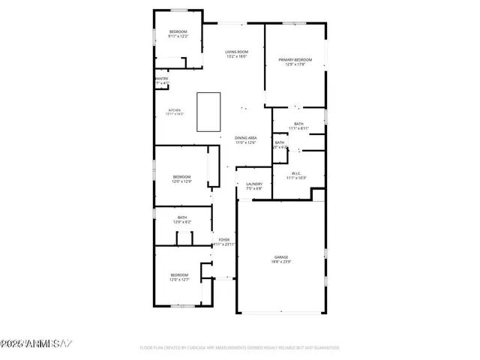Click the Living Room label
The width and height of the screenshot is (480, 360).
[x=236, y=52]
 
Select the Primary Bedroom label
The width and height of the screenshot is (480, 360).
[x=295, y=59]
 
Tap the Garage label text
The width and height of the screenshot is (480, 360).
[x=281, y=257]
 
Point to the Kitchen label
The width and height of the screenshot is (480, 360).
[x=174, y=109]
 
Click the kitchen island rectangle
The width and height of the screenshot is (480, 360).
[x=208, y=111]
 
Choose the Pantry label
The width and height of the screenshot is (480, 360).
[x=162, y=78]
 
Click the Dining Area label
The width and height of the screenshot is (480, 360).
[x=246, y=138]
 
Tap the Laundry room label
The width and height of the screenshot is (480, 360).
[x=253, y=184]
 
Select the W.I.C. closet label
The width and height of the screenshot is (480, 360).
[x=296, y=173]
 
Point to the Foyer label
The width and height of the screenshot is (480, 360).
[x=223, y=239]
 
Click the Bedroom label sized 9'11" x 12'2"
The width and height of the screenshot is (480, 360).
[x=178, y=31]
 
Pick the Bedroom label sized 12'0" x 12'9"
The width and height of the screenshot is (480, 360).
[x=181, y=177]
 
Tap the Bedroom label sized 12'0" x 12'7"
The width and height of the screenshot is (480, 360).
[x=178, y=274]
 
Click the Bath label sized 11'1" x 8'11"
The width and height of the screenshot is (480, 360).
[x=298, y=124]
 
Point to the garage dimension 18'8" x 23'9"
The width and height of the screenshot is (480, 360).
[x=281, y=262]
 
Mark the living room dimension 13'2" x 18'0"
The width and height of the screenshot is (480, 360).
[x=236, y=56]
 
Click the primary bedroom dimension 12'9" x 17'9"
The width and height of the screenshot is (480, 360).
[x=295, y=64]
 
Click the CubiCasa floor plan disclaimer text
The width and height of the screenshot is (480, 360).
[x=239, y=347]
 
